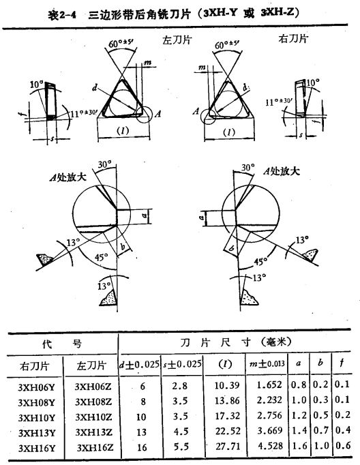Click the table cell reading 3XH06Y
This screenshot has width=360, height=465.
[x=36, y=387]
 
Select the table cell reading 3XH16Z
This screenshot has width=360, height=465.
[x=95, y=447]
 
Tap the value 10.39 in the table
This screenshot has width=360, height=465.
[x=227, y=385]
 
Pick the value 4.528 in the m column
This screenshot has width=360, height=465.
[x=269, y=446]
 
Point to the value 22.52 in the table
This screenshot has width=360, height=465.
[x=228, y=431]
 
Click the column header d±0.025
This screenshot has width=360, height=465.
[x=139, y=364]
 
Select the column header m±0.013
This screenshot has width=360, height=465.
[x=267, y=363]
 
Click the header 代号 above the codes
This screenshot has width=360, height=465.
[x=61, y=344]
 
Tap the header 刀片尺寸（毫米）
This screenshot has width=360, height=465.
[x=236, y=342]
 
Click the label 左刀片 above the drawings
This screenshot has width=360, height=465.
[x=177, y=40]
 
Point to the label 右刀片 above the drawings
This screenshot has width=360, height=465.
[x=293, y=39]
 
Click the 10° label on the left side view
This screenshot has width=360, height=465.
[x=36, y=85]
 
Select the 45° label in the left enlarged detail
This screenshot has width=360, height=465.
[x=102, y=257]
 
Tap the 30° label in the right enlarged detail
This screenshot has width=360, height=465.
[x=247, y=168]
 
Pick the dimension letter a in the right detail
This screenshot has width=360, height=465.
[x=202, y=218]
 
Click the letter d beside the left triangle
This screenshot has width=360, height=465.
[x=95, y=88]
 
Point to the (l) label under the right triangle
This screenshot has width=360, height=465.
[x=228, y=132]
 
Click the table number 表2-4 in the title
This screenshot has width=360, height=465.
[x=62, y=15]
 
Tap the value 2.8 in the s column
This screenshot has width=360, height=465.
[x=181, y=386]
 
